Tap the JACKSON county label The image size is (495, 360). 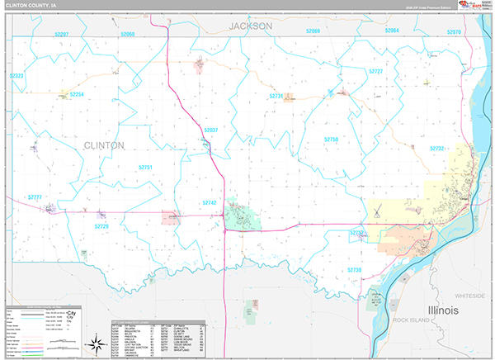[250, 26]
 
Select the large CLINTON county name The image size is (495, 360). [104, 145]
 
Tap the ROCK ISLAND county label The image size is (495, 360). [412, 320]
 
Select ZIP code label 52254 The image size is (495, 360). [77, 95]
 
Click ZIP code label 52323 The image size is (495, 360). [17, 76]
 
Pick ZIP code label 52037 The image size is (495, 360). [210, 130]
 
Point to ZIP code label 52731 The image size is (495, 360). [276, 97]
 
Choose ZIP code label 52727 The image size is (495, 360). [376, 73]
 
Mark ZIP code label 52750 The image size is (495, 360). [331, 140]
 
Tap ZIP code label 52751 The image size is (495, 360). [145, 168]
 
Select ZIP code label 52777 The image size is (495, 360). [34, 197]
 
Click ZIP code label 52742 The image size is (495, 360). [209, 202]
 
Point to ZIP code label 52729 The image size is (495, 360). [101, 225]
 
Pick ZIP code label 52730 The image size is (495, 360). [354, 270]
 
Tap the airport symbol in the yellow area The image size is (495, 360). [375, 212]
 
